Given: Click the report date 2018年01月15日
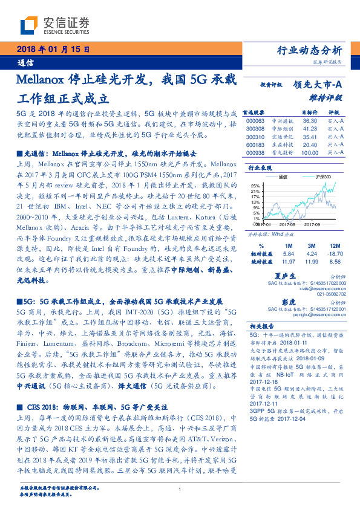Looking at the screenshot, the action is (52, 50).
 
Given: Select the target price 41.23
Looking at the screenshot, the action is (309, 128).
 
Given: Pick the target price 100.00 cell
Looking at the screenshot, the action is (309, 152).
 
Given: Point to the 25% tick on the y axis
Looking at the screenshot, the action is (255, 186).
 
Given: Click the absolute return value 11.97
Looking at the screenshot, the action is (289, 262).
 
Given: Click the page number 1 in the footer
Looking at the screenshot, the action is (180, 490).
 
